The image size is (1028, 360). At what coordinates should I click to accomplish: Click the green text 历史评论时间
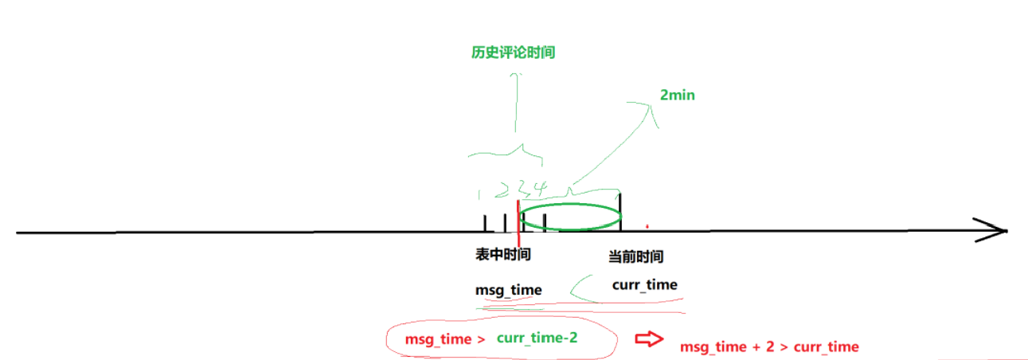coord(513,53)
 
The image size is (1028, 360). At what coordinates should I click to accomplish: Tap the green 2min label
coord(678,95)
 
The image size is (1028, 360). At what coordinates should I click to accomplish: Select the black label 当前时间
coord(635,256)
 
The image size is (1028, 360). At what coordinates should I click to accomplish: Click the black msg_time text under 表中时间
coord(508,289)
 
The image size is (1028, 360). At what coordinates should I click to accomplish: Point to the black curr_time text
coord(644,284)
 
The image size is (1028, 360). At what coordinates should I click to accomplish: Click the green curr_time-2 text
coord(537,338)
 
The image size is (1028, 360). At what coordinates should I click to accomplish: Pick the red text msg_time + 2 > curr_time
coord(769,346)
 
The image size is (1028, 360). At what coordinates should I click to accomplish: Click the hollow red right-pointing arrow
coord(648,339)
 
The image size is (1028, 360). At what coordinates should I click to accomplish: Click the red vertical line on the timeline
coord(518,226)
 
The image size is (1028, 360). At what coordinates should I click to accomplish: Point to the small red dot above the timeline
coord(647,225)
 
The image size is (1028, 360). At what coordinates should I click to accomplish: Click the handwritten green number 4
coord(540,189)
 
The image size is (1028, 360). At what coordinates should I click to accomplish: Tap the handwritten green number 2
coord(502,189)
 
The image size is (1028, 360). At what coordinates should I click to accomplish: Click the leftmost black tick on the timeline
coord(485,223)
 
